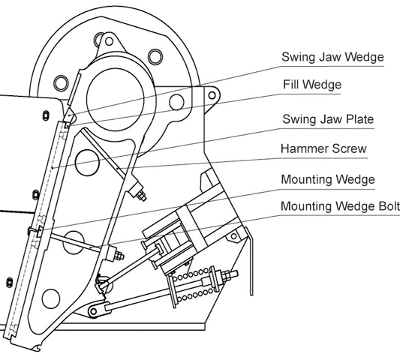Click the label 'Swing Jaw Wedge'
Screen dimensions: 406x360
[x=332, y=57]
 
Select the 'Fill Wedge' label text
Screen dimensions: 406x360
[x=312, y=84]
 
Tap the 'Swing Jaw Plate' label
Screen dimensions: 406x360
[x=328, y=119]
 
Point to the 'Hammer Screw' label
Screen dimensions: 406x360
[x=323, y=148]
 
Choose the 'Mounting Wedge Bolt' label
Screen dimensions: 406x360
[x=340, y=206]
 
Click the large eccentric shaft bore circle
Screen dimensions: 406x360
[x=116, y=100]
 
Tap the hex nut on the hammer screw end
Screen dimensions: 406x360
[x=141, y=196]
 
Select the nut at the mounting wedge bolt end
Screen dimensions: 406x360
[x=119, y=255]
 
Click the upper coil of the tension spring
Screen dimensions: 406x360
[x=191, y=274]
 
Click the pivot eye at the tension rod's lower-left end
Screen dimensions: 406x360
[x=94, y=310]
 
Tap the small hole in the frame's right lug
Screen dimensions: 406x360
[x=212, y=95]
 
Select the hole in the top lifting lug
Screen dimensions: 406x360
[x=109, y=41]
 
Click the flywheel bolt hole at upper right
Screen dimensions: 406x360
[x=155, y=56]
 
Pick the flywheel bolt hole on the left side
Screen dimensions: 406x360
[x=61, y=82]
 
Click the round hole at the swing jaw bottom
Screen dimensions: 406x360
[x=51, y=298]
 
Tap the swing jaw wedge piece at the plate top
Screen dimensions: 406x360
[x=70, y=116]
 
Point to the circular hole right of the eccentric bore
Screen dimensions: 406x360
[x=176, y=102]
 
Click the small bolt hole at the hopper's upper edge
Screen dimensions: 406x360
[x=46, y=115]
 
